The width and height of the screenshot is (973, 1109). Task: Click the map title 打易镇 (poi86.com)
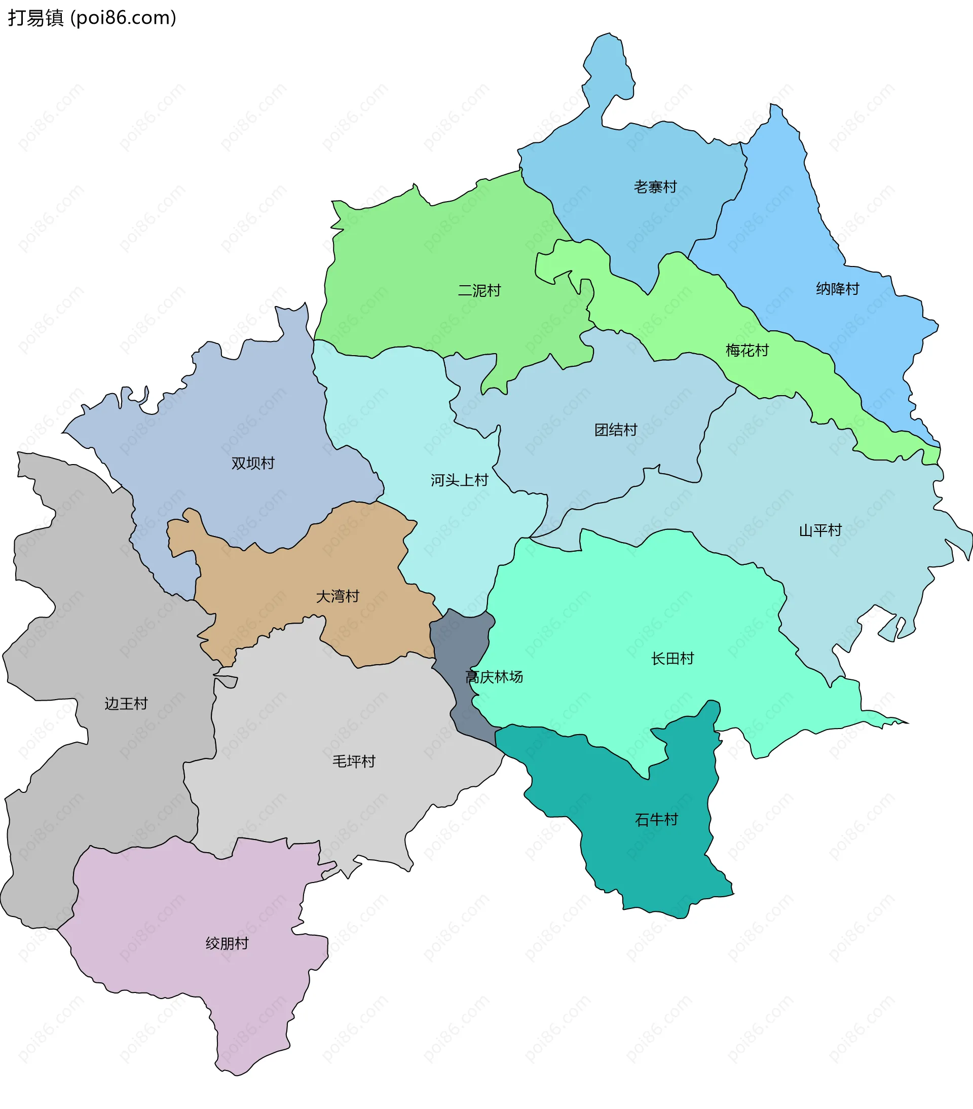tap(92, 18)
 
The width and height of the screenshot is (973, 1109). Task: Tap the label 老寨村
tap(655, 186)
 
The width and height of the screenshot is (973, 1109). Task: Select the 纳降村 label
tap(837, 289)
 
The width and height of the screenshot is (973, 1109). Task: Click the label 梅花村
tap(746, 351)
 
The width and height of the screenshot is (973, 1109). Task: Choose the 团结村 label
tap(615, 430)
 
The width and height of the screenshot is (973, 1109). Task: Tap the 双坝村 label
tap(253, 463)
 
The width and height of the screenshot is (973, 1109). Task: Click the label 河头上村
tap(459, 480)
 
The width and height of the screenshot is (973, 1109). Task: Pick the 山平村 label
tap(820, 530)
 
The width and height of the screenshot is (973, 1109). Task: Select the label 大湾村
tap(338, 596)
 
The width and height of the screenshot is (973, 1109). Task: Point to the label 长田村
tap(672, 659)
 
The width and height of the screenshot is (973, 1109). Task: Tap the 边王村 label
tap(126, 704)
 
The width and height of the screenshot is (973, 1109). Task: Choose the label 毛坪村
tap(354, 761)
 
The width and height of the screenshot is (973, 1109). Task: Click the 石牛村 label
tap(656, 819)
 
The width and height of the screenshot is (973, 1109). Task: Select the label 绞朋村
tap(227, 943)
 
